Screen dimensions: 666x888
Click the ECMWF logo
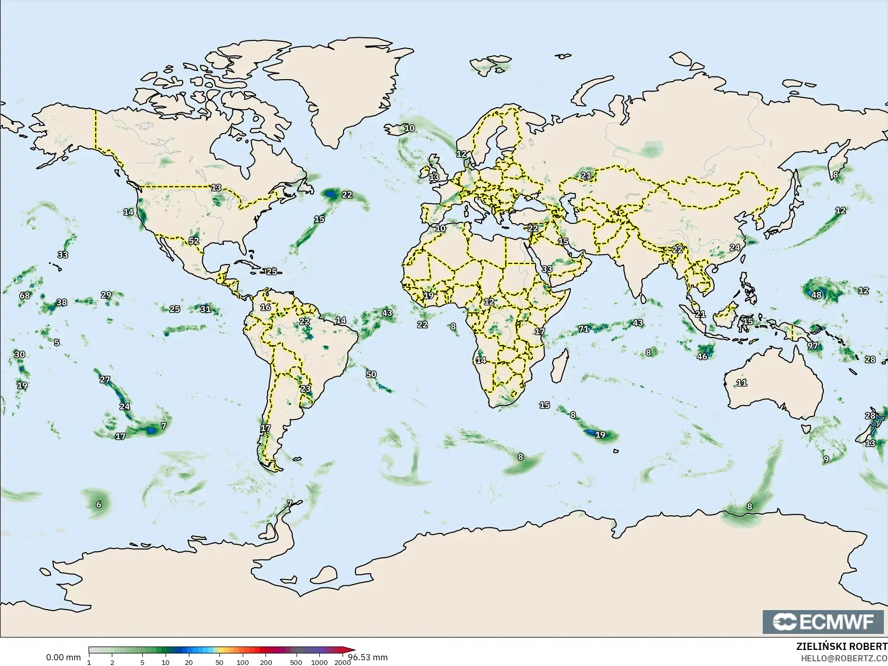(x=823, y=621)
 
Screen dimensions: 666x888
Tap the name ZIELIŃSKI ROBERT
(x=841, y=647)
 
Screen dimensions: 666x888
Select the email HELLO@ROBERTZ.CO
(x=844, y=658)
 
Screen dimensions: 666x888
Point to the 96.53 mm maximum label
(x=368, y=657)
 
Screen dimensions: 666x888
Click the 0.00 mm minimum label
(x=63, y=657)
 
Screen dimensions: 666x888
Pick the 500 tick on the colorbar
(x=296, y=662)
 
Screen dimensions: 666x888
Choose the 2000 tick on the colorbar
(x=342, y=662)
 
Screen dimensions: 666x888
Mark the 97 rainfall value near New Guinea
(x=812, y=346)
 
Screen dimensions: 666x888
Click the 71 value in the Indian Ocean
(x=584, y=329)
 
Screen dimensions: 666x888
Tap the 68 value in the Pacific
(x=25, y=295)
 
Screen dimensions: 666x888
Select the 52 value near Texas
(x=194, y=241)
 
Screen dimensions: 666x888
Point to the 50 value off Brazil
(x=371, y=374)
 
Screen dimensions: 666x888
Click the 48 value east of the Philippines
(x=816, y=295)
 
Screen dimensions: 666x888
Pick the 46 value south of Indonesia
(x=702, y=357)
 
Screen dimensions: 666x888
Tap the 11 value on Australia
(x=742, y=383)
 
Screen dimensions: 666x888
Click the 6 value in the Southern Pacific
(x=99, y=505)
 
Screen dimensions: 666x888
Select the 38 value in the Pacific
(x=62, y=302)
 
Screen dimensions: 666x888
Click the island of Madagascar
(x=558, y=365)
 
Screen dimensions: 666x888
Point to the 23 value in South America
(x=306, y=389)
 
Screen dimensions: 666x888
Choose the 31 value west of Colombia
(x=205, y=309)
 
